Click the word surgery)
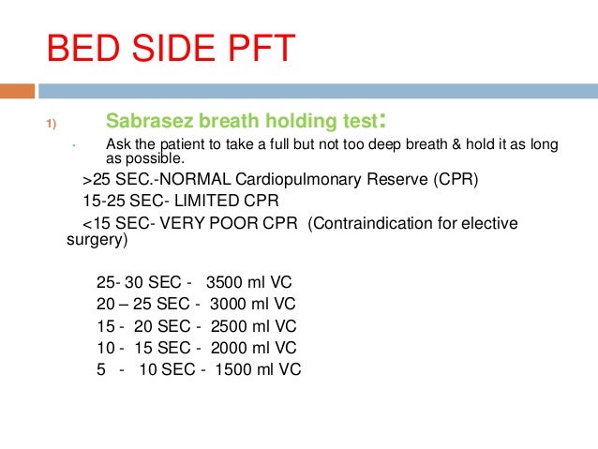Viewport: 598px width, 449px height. [97, 240]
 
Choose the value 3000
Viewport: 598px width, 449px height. [229, 306]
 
